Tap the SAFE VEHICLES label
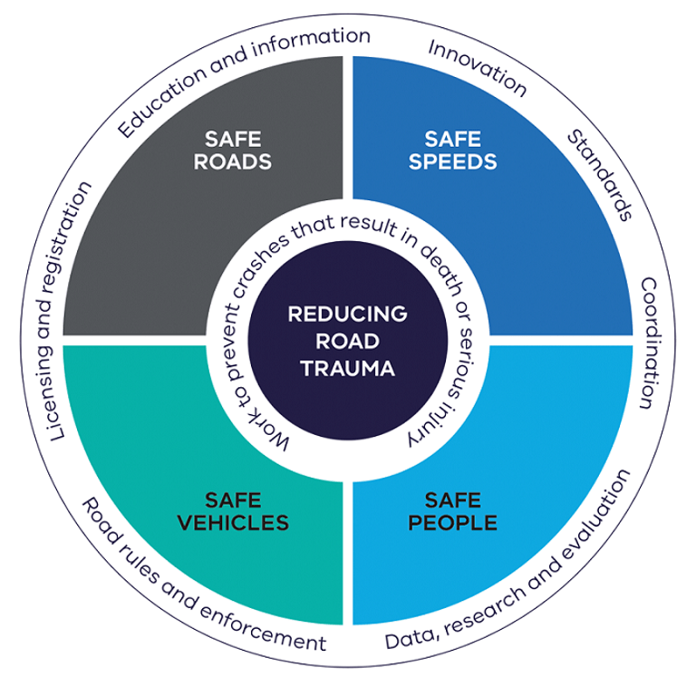tap(234, 512)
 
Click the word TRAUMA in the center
tap(348, 369)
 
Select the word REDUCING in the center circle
tap(348, 314)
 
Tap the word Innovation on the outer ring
tap(476, 66)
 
